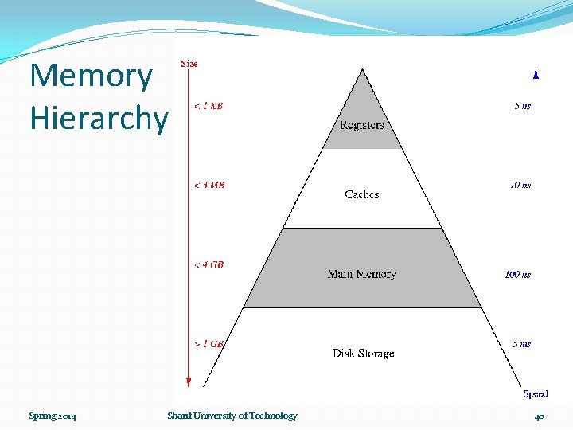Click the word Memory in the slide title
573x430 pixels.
[91, 76]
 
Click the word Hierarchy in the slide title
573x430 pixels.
[99, 118]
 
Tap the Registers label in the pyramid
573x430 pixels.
[362, 125]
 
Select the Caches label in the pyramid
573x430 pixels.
[362, 194]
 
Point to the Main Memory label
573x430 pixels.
[361, 274]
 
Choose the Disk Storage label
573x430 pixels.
[363, 353]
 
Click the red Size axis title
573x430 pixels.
[189, 63]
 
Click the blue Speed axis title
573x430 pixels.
[536, 393]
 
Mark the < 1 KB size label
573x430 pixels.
[209, 105]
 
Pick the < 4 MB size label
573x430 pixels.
[209, 185]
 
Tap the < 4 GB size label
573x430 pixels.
[209, 264]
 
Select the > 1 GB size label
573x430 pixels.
[209, 344]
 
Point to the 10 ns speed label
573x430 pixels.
[520, 185]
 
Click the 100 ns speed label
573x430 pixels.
[517, 275]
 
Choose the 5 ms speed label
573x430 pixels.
[521, 344]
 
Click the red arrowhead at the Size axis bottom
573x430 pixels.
[189, 383]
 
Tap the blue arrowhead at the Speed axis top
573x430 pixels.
[536, 74]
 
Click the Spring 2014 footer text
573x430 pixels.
[53, 416]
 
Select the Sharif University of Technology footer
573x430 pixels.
[232, 416]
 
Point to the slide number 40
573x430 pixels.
[540, 416]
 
